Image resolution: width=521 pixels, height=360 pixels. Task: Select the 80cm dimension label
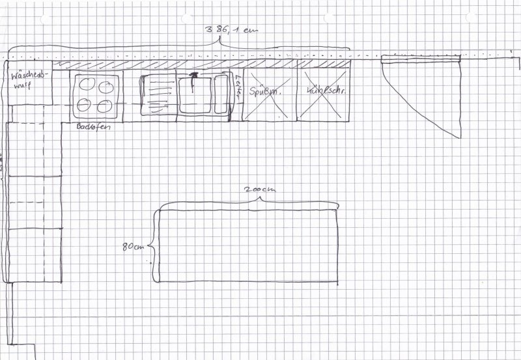(x=132, y=247)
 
